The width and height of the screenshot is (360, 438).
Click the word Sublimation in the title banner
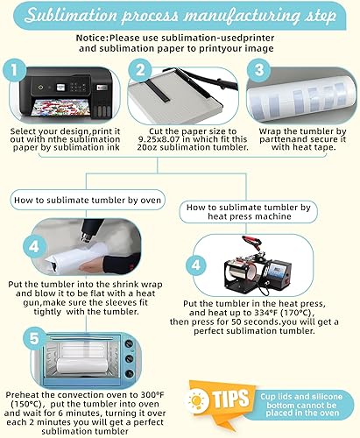[71, 15]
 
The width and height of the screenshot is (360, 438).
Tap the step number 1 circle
[14, 70]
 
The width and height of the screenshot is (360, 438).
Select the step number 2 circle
[140, 70]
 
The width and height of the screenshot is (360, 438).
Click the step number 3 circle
[258, 70]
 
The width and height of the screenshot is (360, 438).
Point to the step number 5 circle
[34, 339]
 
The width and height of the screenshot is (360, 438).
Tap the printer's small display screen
[60, 87]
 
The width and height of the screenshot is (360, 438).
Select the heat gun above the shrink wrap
[91, 230]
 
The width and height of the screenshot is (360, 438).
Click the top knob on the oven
[129, 343]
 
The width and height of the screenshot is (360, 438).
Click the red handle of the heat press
[251, 242]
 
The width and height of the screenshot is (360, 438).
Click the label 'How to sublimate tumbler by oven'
[88, 200]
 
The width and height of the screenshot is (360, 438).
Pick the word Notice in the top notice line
[92, 38]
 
